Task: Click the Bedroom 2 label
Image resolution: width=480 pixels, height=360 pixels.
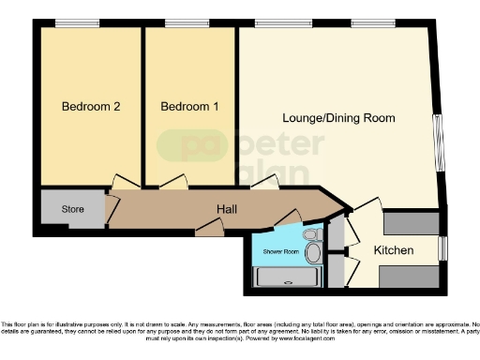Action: (90, 107)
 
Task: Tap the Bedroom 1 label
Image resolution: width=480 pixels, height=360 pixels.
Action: (189, 107)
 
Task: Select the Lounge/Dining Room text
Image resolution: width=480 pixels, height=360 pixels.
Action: (339, 118)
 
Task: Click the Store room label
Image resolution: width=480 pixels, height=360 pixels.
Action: (72, 208)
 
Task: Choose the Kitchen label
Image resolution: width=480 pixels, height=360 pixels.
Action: (393, 250)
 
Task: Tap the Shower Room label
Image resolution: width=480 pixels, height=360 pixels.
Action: (280, 251)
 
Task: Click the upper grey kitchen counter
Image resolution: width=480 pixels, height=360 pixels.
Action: (411, 223)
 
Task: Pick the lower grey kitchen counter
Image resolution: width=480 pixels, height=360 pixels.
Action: (411, 277)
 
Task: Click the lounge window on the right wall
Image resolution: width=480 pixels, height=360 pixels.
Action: (436, 142)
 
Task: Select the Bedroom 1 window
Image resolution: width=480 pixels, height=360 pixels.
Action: (188, 22)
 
